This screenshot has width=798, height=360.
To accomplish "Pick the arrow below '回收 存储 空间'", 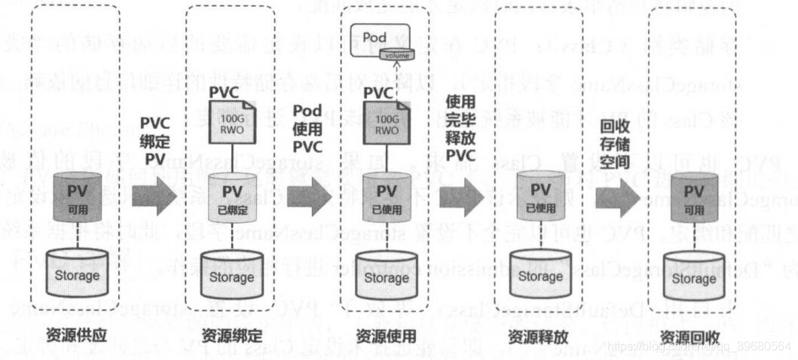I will (x=614, y=197).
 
